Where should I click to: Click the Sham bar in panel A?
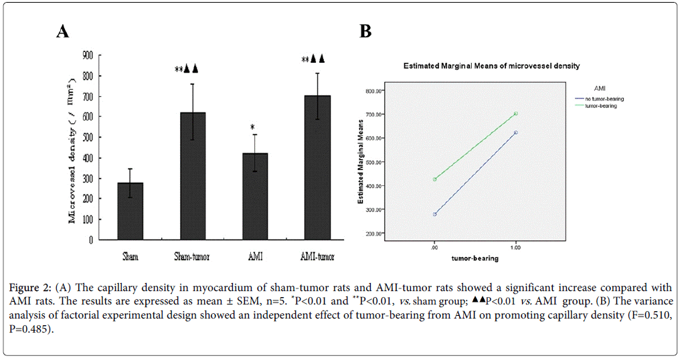pyautogui.click(x=131, y=211)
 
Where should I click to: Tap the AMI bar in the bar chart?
pyautogui.click(x=255, y=196)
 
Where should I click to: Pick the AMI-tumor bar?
pyautogui.click(x=317, y=167)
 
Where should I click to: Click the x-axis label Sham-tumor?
pyautogui.click(x=192, y=256)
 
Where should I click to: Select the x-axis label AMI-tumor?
pyautogui.click(x=317, y=256)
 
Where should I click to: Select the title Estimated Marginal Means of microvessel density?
pyautogui.click(x=491, y=66)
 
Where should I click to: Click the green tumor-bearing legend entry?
pyautogui.click(x=600, y=106)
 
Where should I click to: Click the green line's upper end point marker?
pyautogui.click(x=516, y=114)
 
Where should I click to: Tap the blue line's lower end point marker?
pyautogui.click(x=435, y=214)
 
